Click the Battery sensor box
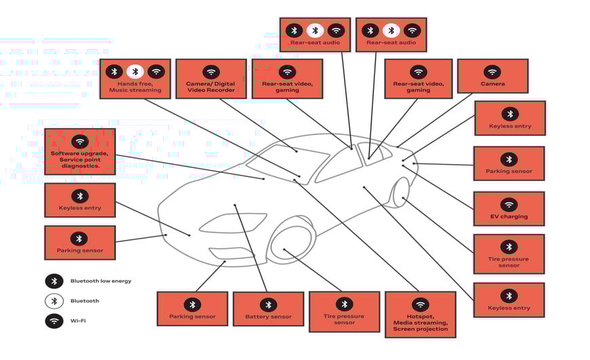[268, 309]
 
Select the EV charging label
[509, 217]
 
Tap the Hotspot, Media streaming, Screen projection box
[420, 314]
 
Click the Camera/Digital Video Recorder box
[211, 79]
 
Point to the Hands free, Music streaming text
[135, 87]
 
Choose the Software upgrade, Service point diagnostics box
[79, 151]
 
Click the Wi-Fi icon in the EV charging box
[509, 204]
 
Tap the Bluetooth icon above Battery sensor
[268, 304]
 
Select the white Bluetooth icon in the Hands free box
[135, 71]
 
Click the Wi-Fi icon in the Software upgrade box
[80, 141]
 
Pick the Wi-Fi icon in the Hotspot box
[420, 304]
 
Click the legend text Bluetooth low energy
[101, 281]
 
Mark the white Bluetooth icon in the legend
[54, 301]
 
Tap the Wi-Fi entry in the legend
[78, 321]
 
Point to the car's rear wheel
[401, 192]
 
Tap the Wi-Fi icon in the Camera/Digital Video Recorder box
[211, 71]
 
